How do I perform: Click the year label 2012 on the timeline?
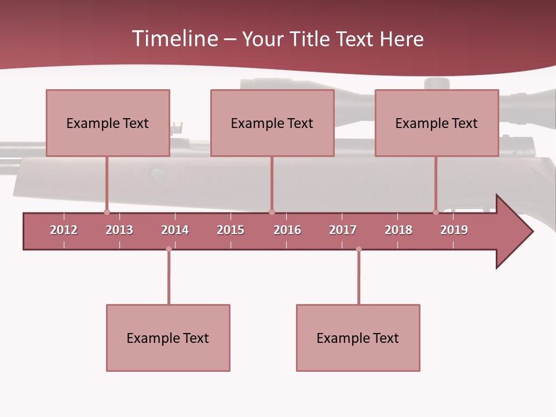coord(64,230)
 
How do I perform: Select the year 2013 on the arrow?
coord(119,230)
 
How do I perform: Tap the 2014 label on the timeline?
coord(175,230)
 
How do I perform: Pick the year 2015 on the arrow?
coord(231,230)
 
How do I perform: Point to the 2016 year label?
coord(287,230)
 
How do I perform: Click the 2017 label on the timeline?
coord(343,230)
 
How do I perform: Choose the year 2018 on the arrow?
coord(398,230)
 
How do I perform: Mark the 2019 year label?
coord(454,230)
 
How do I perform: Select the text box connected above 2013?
coord(108,123)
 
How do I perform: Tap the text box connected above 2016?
coord(272,123)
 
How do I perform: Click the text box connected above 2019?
coord(437,123)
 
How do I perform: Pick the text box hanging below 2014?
coord(168,338)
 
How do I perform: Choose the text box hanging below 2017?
coord(358,338)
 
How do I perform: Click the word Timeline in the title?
coord(174,39)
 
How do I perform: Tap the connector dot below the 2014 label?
coord(169,249)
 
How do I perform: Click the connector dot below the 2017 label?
coord(359,249)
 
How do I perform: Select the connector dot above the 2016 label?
coord(272,212)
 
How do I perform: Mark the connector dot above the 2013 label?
coord(107,212)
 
